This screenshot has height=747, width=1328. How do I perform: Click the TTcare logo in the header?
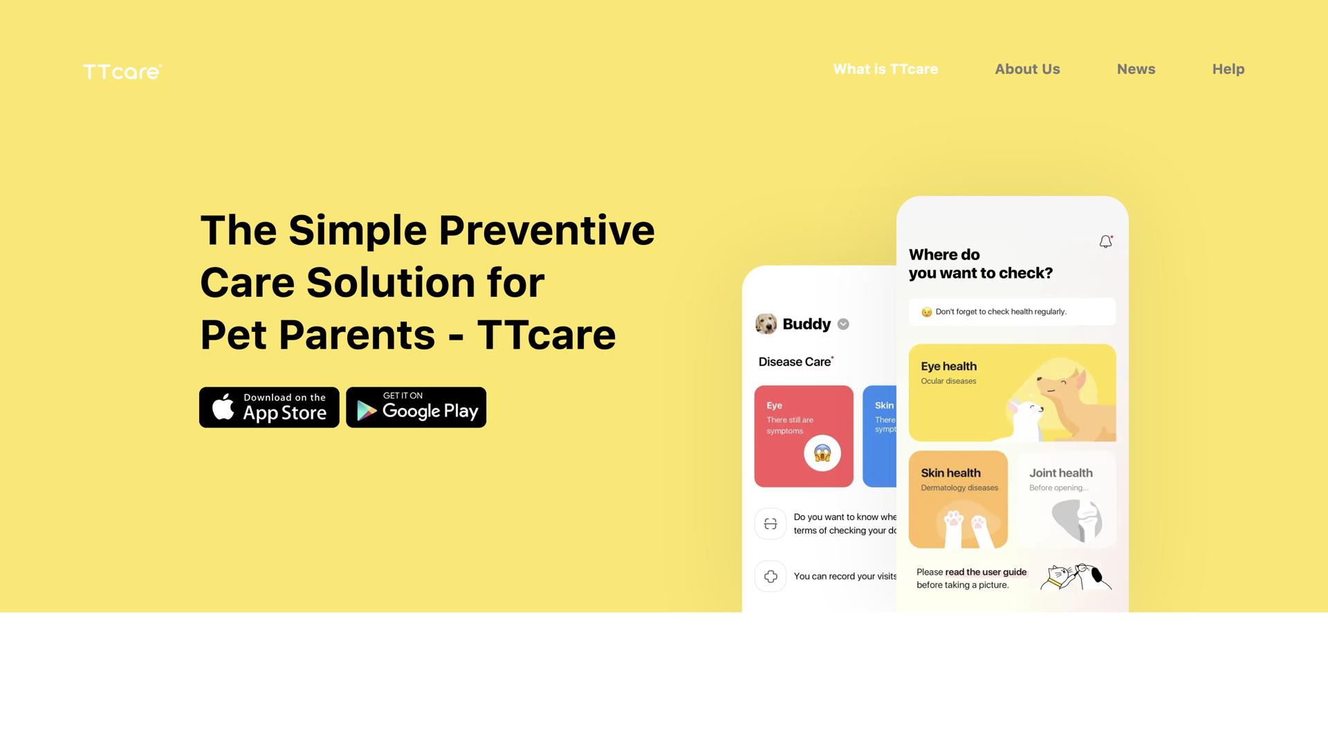click(x=122, y=72)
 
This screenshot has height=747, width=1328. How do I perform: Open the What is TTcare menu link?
click(x=885, y=69)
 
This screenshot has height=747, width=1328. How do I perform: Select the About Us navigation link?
click(x=1027, y=69)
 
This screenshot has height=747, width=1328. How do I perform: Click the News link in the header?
click(x=1136, y=69)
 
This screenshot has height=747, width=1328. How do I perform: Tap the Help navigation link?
click(x=1228, y=69)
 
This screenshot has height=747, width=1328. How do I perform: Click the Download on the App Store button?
click(x=269, y=407)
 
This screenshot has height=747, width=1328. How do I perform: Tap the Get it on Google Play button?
click(x=416, y=407)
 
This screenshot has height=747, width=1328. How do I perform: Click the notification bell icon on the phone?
click(x=1105, y=241)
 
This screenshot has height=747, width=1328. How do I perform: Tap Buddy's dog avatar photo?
click(x=766, y=324)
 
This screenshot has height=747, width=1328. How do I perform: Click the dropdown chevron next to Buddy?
click(x=843, y=324)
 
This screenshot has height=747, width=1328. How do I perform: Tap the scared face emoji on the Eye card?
click(x=822, y=453)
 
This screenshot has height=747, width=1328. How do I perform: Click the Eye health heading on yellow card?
click(x=948, y=367)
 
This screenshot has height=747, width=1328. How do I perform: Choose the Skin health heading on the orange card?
click(x=950, y=473)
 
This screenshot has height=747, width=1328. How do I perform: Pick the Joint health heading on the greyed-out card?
click(x=1060, y=473)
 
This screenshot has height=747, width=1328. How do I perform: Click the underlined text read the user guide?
click(x=986, y=572)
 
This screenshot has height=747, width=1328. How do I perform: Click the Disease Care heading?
click(x=794, y=362)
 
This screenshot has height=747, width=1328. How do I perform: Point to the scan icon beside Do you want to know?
click(x=770, y=524)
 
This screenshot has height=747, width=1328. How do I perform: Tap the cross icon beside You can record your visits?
click(x=770, y=576)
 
